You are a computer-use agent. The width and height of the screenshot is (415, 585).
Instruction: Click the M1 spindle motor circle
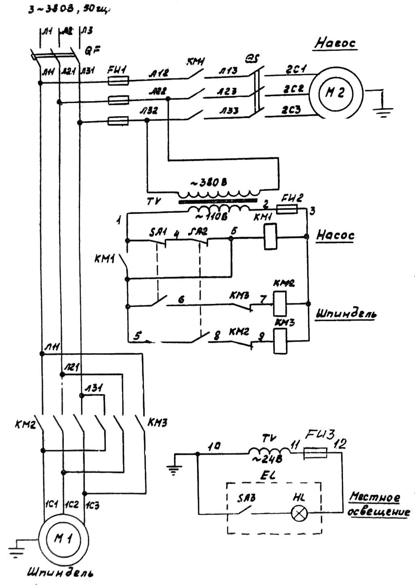click(63, 539)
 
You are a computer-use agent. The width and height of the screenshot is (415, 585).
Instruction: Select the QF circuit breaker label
click(93, 50)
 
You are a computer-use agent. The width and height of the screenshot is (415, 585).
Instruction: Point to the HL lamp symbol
click(299, 514)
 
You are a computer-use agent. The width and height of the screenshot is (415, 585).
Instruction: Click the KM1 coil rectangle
click(270, 237)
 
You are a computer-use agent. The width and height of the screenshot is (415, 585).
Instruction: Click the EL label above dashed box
click(267, 475)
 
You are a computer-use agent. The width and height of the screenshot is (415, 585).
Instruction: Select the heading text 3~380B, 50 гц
click(69, 10)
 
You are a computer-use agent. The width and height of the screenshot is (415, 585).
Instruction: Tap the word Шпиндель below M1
click(61, 573)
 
